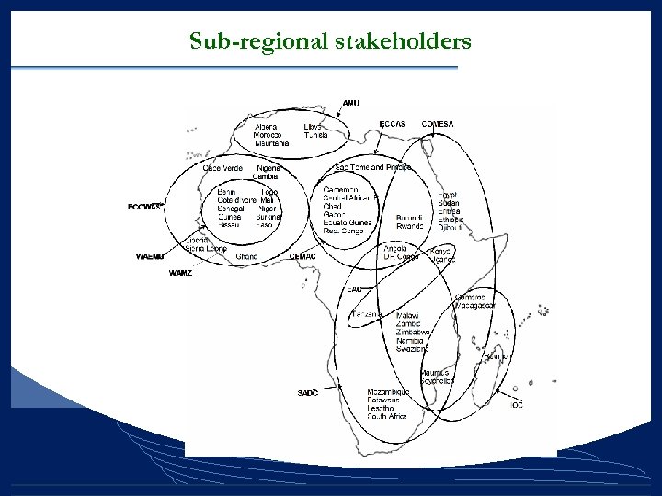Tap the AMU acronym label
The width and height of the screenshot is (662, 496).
click(x=351, y=103)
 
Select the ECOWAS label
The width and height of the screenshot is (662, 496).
click(x=144, y=206)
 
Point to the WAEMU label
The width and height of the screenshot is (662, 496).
click(x=150, y=256)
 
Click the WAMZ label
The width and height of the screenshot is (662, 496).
click(x=180, y=273)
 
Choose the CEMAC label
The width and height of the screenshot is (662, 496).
click(x=302, y=256)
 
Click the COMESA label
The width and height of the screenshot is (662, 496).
click(x=438, y=124)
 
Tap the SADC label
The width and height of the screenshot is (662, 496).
click(x=308, y=393)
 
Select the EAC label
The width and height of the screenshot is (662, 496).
click(x=354, y=289)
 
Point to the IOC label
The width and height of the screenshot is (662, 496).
click(x=518, y=405)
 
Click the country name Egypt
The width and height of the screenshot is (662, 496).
click(x=448, y=195)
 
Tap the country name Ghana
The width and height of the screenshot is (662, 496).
click(x=246, y=256)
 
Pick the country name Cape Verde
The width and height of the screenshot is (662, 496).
click(x=223, y=168)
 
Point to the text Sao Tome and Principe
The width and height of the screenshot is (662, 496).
click(x=372, y=167)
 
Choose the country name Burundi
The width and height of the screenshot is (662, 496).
click(x=410, y=218)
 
